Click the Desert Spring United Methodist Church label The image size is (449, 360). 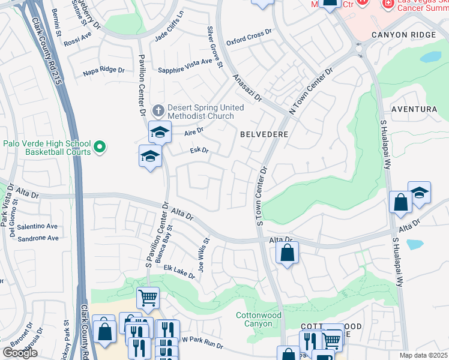tap(206, 112)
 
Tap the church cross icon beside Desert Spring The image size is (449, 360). tap(158, 110)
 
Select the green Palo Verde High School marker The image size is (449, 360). tap(100, 146)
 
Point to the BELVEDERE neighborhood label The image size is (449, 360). tap(264, 135)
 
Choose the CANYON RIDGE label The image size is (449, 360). tap(403, 35)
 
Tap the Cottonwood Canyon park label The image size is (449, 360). tap(258, 319)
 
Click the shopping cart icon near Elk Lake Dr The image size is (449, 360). tap(147, 297)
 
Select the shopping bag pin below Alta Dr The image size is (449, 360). tap(288, 253)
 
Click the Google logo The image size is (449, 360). tap(20, 352)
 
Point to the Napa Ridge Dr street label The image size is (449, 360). tap(104, 70)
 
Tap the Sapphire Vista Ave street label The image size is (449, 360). tap(185, 66)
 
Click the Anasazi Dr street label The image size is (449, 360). tap(247, 88)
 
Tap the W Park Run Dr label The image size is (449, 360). tap(202, 344)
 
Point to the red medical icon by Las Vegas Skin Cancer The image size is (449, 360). tap(388, 4)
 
